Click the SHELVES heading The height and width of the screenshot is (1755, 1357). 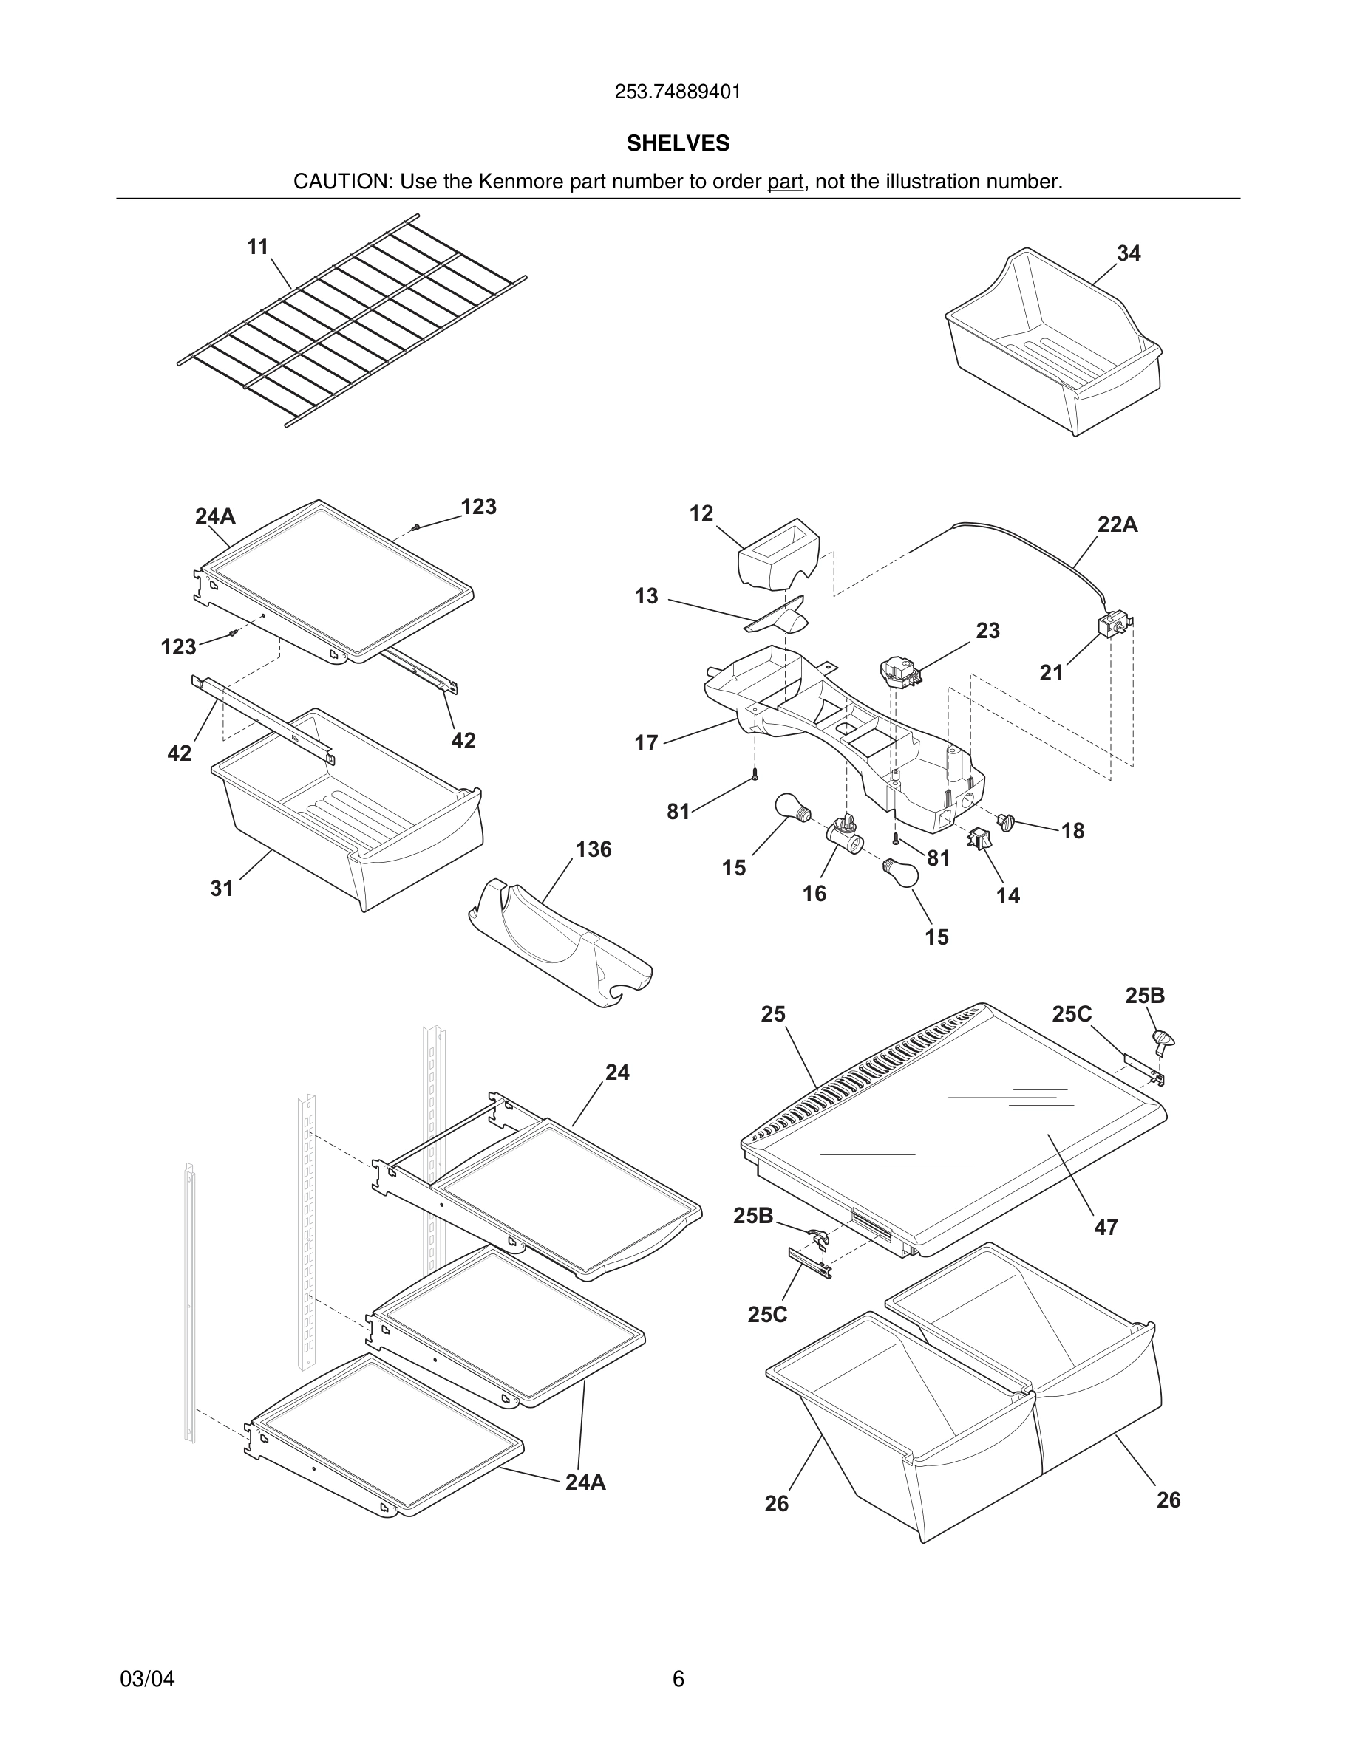678,143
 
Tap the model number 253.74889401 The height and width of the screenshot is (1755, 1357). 678,92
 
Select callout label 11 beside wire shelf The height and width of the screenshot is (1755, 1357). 257,247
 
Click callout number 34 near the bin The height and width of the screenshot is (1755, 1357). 1129,253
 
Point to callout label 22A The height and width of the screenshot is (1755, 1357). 1118,524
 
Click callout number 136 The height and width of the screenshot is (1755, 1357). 594,849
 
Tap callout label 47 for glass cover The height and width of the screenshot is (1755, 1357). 1106,1228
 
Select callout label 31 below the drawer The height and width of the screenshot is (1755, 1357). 222,888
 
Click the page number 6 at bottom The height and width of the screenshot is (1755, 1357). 678,1679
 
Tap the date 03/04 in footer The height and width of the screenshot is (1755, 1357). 147,1679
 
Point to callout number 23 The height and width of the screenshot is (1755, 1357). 988,631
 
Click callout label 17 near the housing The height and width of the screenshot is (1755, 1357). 646,743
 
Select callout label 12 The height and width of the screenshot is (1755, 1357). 701,513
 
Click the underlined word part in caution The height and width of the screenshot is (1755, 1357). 785,182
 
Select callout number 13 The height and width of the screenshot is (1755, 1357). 646,596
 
